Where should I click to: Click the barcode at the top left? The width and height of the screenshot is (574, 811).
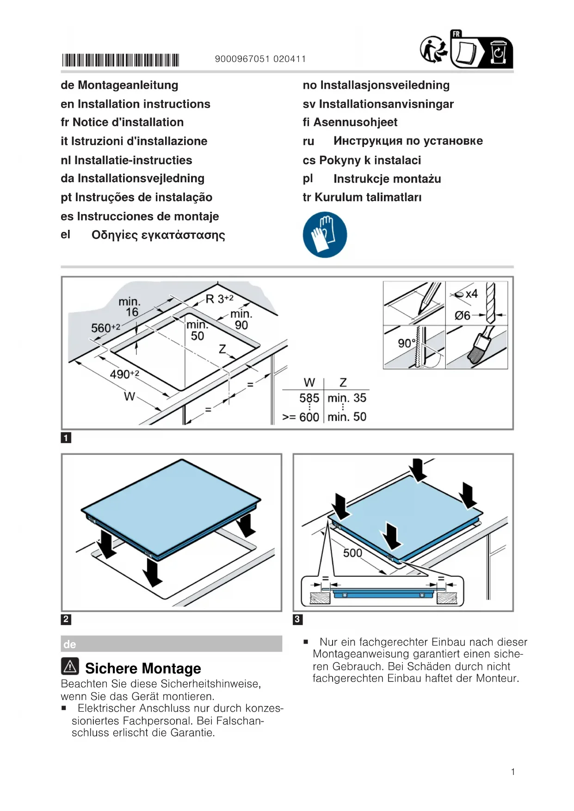pyautogui.click(x=121, y=60)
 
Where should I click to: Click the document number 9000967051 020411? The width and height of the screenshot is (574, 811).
pyautogui.click(x=260, y=59)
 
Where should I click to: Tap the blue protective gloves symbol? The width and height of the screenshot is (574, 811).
pyautogui.click(x=325, y=235)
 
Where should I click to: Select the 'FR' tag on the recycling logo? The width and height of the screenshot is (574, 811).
pyautogui.click(x=457, y=34)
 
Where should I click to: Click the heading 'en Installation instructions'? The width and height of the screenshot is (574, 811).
pyautogui.click(x=136, y=104)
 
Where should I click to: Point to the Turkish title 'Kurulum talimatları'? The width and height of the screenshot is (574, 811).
pyautogui.click(x=368, y=197)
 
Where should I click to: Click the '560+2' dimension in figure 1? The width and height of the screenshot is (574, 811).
pyautogui.click(x=105, y=328)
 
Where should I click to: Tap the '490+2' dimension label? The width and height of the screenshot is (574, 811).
pyautogui.click(x=124, y=374)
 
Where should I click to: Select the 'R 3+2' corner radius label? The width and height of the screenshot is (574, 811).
pyautogui.click(x=219, y=299)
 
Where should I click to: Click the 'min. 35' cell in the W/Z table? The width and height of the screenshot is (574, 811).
pyautogui.click(x=346, y=398)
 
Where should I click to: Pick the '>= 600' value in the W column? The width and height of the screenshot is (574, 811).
pyautogui.click(x=301, y=417)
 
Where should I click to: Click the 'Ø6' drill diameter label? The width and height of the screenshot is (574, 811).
pyautogui.click(x=462, y=315)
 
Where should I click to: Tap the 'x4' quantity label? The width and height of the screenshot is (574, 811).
pyautogui.click(x=471, y=294)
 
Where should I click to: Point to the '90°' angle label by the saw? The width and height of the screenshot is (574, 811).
pyautogui.click(x=407, y=343)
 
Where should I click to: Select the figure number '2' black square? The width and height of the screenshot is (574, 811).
pyautogui.click(x=66, y=619)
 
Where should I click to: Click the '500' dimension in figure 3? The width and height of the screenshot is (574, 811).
pyautogui.click(x=352, y=553)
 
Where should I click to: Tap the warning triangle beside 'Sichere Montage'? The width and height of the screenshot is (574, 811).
pyautogui.click(x=70, y=666)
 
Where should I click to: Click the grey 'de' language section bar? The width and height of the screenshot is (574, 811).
pyautogui.click(x=171, y=644)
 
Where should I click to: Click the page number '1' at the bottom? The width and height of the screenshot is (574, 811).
pyautogui.click(x=513, y=772)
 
